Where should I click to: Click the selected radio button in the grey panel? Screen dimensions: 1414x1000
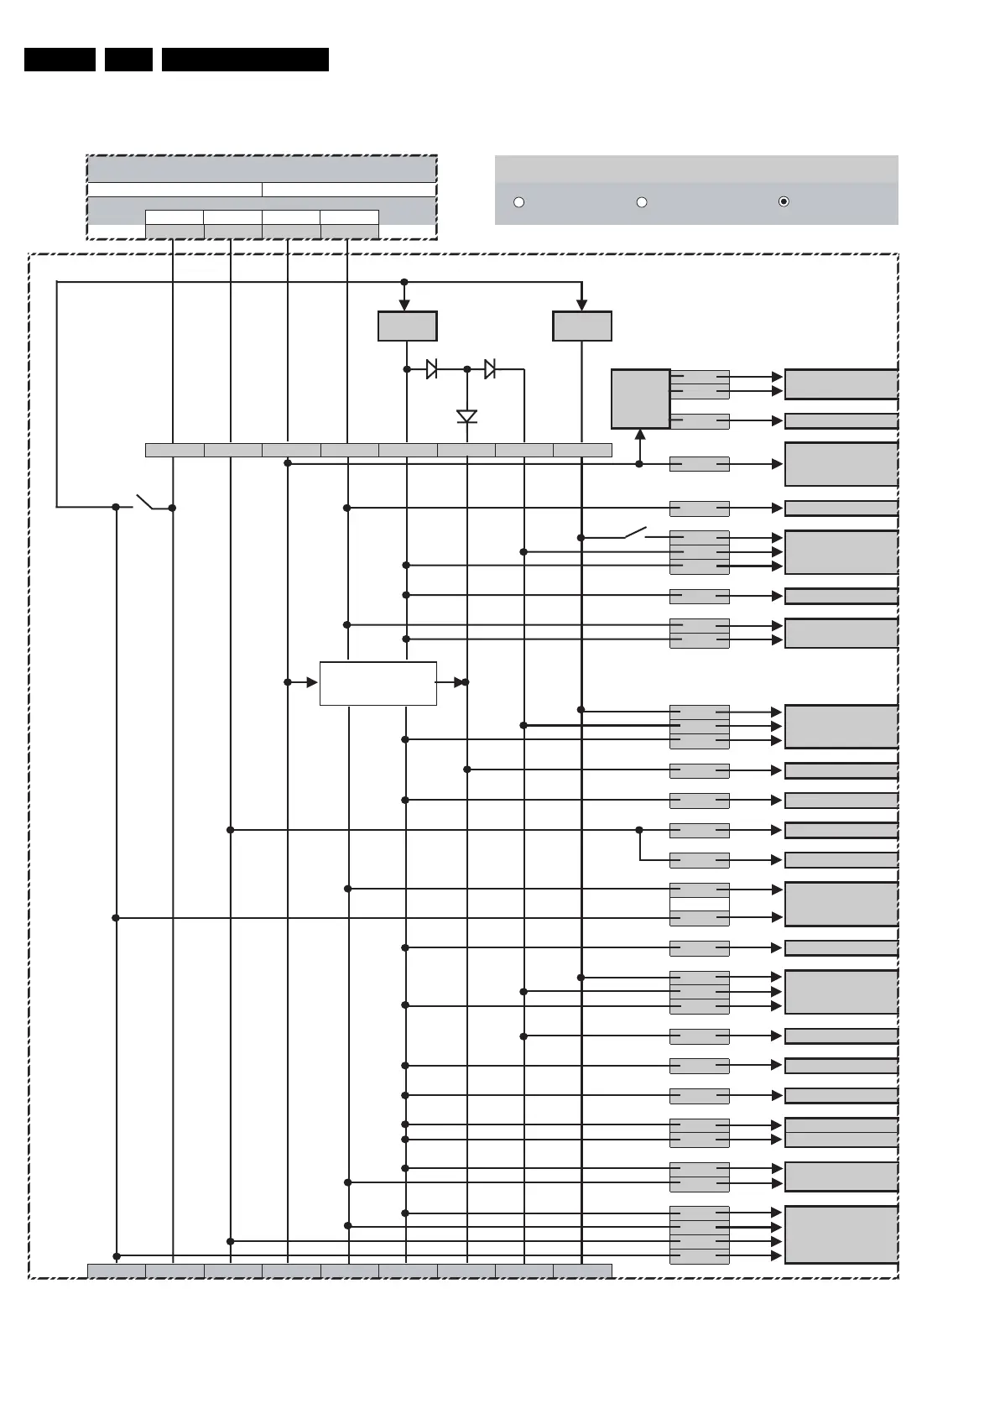click(x=783, y=201)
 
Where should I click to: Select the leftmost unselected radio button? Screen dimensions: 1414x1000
click(x=518, y=202)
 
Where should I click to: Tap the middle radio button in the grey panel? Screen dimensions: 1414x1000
click(x=642, y=202)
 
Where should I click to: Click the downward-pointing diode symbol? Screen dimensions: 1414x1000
click(x=467, y=416)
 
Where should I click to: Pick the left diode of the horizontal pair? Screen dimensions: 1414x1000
click(x=431, y=368)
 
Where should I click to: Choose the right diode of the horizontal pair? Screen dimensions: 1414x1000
click(x=490, y=368)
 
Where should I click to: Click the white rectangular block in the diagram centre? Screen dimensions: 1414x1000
click(x=378, y=683)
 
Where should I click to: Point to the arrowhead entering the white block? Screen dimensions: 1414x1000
click(x=312, y=682)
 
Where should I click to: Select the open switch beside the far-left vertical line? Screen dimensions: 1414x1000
click(x=144, y=502)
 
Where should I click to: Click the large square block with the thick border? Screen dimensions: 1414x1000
click(x=640, y=399)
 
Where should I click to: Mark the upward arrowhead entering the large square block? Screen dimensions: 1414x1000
click(x=640, y=435)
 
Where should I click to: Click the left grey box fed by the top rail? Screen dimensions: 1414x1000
click(x=407, y=326)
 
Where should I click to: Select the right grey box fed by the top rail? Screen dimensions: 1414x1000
click(x=582, y=326)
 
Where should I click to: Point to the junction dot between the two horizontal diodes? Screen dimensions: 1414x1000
click(x=467, y=368)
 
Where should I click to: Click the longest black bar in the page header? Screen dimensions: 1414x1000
click(x=245, y=60)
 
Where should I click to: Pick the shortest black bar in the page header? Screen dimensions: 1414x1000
click(x=128, y=60)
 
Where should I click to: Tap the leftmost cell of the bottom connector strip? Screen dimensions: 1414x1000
click(x=117, y=1271)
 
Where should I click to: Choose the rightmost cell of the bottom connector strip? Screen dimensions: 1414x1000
click(x=582, y=1271)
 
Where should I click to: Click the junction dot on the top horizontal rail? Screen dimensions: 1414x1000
click(x=404, y=282)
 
